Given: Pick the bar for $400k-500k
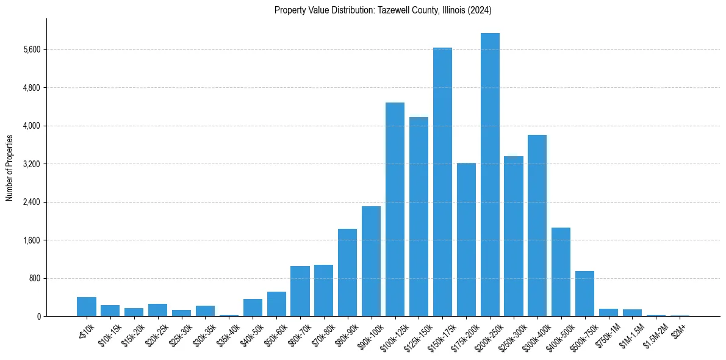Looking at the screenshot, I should tap(561, 272).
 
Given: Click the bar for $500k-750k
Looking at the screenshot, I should tap(584, 293).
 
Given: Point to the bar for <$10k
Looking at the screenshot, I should tap(87, 306).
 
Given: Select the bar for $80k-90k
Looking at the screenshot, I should tap(347, 272).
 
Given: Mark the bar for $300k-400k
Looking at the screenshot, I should tap(537, 225).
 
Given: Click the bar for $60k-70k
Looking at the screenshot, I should tap(300, 291).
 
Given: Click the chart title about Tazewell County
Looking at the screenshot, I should tap(383, 10).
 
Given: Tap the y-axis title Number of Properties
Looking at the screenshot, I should tap(10, 168).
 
